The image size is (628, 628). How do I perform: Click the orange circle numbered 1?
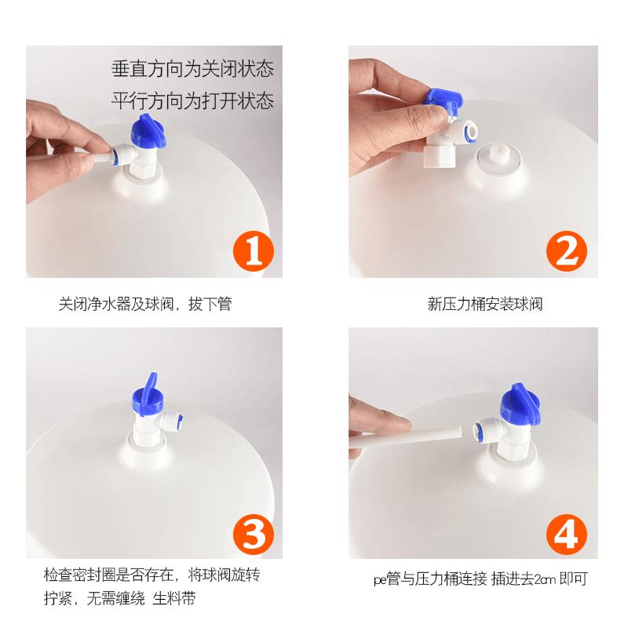tap(253, 250)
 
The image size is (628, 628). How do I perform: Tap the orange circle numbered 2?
tap(566, 250)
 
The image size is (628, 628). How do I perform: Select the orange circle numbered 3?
tap(253, 535)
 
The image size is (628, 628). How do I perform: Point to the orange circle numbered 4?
tap(566, 535)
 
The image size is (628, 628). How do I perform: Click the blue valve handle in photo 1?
tap(147, 130)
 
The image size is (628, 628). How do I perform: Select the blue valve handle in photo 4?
tap(520, 403)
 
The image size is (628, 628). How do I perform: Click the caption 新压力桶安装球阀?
tap(484, 304)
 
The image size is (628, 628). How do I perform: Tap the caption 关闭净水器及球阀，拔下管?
tap(145, 304)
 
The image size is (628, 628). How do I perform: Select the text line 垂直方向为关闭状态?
tap(192, 68)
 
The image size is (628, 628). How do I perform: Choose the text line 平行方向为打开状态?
tap(192, 100)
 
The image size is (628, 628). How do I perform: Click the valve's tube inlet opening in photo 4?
tap(478, 430)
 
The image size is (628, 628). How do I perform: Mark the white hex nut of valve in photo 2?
tap(438, 156)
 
